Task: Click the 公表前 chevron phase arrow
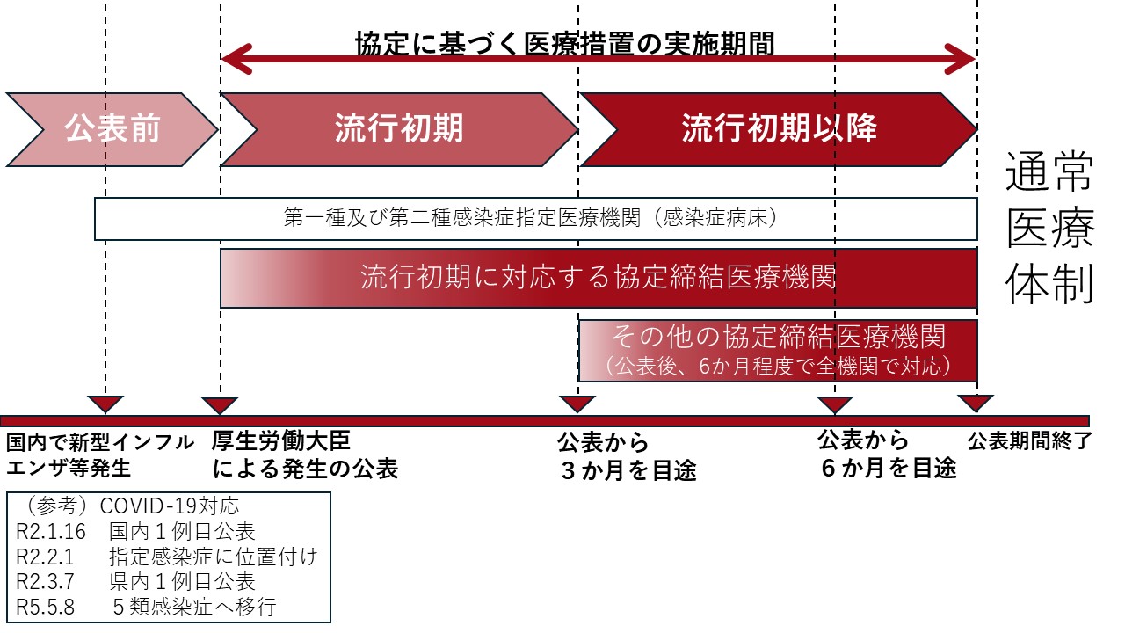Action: click(x=112, y=129)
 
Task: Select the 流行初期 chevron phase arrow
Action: click(x=398, y=129)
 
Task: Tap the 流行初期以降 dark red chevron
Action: click(x=779, y=129)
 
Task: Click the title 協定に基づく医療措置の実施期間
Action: click(x=565, y=43)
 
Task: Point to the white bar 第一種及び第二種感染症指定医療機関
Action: click(x=535, y=219)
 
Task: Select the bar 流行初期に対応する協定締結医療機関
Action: click(x=598, y=278)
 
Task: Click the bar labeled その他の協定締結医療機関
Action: click(x=778, y=349)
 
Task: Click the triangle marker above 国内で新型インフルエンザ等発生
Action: click(x=105, y=404)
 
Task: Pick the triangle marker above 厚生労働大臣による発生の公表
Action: click(x=220, y=404)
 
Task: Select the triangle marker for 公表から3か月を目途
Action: click(x=577, y=404)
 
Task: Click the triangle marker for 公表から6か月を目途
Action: click(x=835, y=404)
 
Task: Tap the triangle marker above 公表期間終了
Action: click(x=976, y=403)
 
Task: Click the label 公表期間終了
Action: click(x=1028, y=442)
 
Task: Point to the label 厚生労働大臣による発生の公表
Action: click(x=305, y=455)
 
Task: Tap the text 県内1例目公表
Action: click(x=182, y=581)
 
